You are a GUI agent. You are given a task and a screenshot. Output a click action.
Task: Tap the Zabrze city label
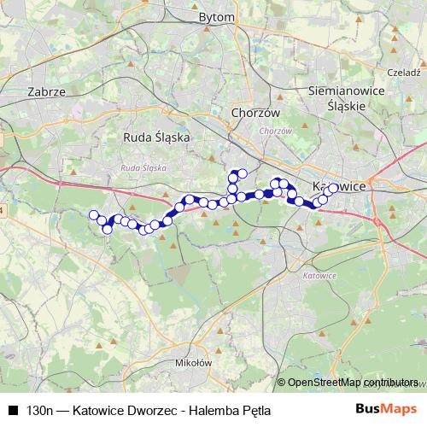point(47,91)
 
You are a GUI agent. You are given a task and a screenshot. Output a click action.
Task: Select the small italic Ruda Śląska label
point(143,168)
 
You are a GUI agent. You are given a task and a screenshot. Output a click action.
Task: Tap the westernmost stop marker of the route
point(93,215)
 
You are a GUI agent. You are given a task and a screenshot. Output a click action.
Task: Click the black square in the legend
point(13,410)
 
